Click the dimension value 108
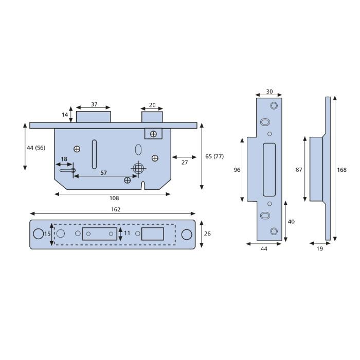(x=114, y=198)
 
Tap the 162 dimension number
(x=116, y=209)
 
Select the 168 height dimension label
(x=341, y=170)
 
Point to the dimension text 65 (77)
(x=214, y=156)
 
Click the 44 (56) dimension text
(x=36, y=148)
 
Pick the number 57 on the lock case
(x=103, y=173)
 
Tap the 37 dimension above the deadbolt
(x=94, y=104)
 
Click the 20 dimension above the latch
(x=152, y=105)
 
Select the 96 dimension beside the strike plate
(x=237, y=170)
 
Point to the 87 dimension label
(x=299, y=170)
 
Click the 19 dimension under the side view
(x=319, y=248)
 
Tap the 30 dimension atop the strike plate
(x=269, y=92)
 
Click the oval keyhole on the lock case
(x=138, y=150)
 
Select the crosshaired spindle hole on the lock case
(x=138, y=169)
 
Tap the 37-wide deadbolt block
(x=94, y=117)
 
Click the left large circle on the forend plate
(x=39, y=233)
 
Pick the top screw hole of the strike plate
(x=274, y=105)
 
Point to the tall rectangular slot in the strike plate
(x=269, y=170)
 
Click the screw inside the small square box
(x=153, y=134)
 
